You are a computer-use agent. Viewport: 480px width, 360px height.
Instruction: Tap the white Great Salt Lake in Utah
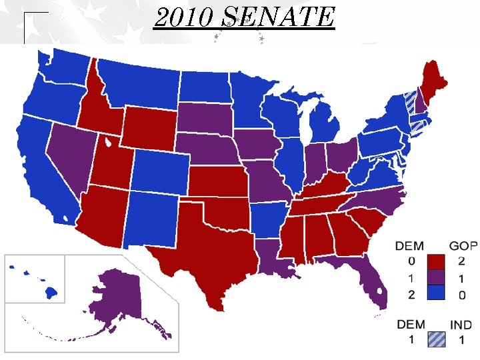click(107, 142)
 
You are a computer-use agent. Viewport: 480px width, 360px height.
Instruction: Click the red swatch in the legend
click(437, 261)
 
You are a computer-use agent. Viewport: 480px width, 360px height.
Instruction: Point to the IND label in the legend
click(461, 325)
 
